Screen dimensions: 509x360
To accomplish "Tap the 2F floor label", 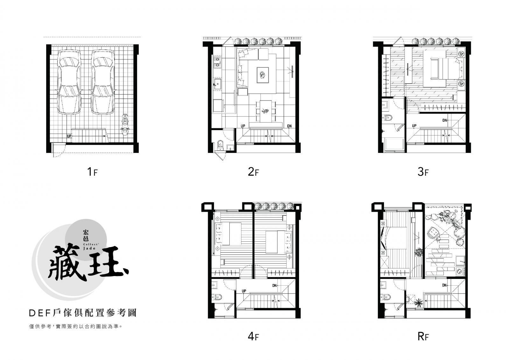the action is tap(253, 172).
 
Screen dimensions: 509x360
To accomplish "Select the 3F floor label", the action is tap(423, 172).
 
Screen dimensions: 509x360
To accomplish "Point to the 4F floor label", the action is tap(253, 336).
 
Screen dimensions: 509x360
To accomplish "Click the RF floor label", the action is tap(423, 336).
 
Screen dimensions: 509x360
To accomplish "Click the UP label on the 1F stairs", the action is tap(69, 136).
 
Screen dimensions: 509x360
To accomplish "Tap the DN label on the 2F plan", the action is tap(289, 126).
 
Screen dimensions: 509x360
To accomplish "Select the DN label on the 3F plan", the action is tap(445, 120).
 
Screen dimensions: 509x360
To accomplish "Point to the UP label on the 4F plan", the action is tap(244, 291).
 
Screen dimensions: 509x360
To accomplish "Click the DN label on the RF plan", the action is tap(444, 285).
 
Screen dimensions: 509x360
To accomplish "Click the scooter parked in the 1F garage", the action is tap(125, 124).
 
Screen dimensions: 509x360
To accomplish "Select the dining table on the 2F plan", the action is tap(266, 111).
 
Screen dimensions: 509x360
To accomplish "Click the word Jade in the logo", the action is tap(89, 248).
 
